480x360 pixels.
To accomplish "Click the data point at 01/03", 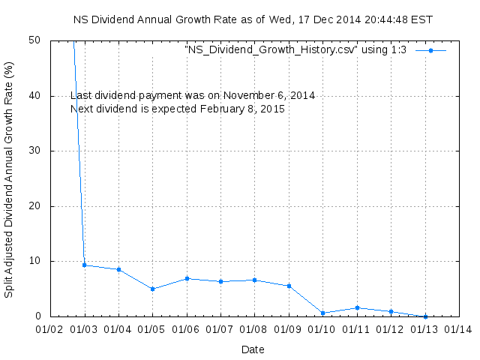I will click(x=85, y=265).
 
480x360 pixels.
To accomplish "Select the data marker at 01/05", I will click(x=152, y=289).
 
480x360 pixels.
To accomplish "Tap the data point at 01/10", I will click(x=322, y=313).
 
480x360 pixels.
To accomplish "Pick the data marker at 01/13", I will click(x=425, y=316).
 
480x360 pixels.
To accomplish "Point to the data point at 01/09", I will click(x=289, y=286).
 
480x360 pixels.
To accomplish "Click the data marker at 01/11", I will click(x=357, y=307).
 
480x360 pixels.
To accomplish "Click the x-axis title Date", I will click(x=253, y=349).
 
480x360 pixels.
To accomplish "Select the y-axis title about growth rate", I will click(x=10, y=178).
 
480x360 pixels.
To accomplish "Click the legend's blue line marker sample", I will click(x=430, y=50).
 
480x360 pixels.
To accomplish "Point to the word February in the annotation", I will click(x=223, y=109).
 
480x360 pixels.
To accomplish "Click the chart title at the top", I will click(x=253, y=19).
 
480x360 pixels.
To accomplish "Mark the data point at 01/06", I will click(x=187, y=278).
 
